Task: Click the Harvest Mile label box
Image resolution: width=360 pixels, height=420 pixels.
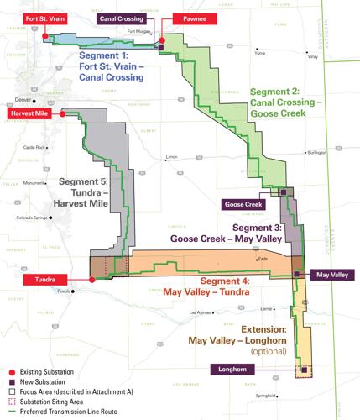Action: click(31, 112)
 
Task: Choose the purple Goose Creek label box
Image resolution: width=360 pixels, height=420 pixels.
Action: click(243, 204)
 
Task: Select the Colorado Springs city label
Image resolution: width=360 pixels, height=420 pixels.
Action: click(29, 218)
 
